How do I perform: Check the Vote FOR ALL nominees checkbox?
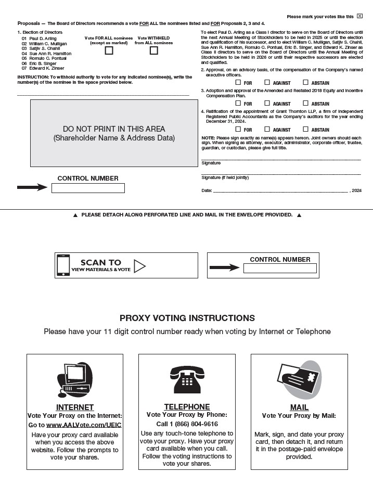pyautogui.click(x=109, y=50)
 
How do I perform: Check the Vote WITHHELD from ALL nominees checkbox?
pyautogui.click(x=153, y=50)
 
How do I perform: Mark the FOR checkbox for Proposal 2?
pyautogui.click(x=238, y=82)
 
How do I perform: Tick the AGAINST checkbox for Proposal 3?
pyautogui.click(x=267, y=104)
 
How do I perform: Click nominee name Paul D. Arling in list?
pyautogui.click(x=44, y=39)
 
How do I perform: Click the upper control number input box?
pyautogui.click(x=88, y=188)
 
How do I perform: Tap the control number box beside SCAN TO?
pyautogui.click(x=280, y=269)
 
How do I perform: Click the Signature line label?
pyautogui.click(x=211, y=163)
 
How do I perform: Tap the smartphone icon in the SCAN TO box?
pyautogui.click(x=63, y=265)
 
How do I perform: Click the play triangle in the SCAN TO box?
pyautogui.click(x=139, y=266)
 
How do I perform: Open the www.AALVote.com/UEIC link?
pyautogui.click(x=84, y=425)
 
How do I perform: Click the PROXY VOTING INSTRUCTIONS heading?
pyautogui.click(x=187, y=318)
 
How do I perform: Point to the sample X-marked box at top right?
pyautogui.click(x=359, y=16)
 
